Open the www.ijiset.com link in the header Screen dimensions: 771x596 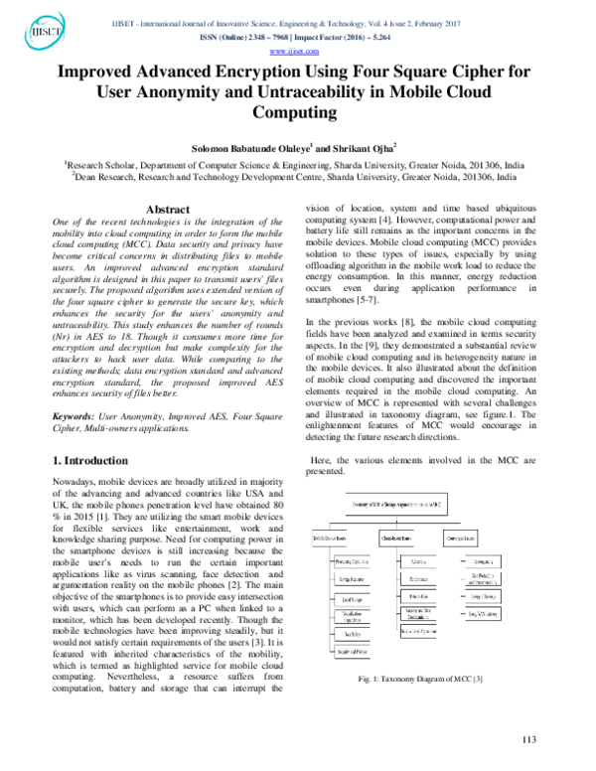pos(297,50)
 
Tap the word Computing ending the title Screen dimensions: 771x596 pos(297,113)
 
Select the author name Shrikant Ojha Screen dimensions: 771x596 pos(370,146)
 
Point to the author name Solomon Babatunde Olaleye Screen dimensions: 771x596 pos(255,146)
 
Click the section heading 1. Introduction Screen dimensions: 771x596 pos(88,461)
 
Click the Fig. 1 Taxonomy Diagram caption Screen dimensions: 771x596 pos(422,650)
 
